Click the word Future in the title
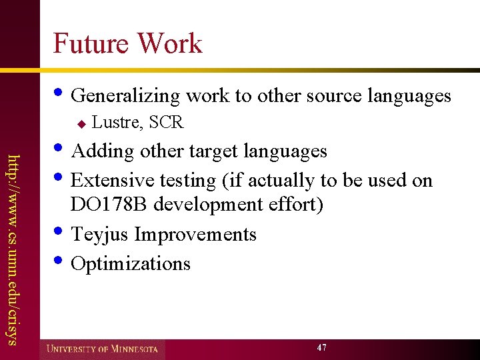[91, 44]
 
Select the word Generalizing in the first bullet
[125, 97]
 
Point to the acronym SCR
[167, 122]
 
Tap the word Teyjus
[100, 235]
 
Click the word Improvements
[195, 235]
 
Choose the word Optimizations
[131, 264]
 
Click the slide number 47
[322, 348]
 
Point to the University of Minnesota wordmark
[101, 349]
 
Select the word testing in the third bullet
[192, 181]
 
